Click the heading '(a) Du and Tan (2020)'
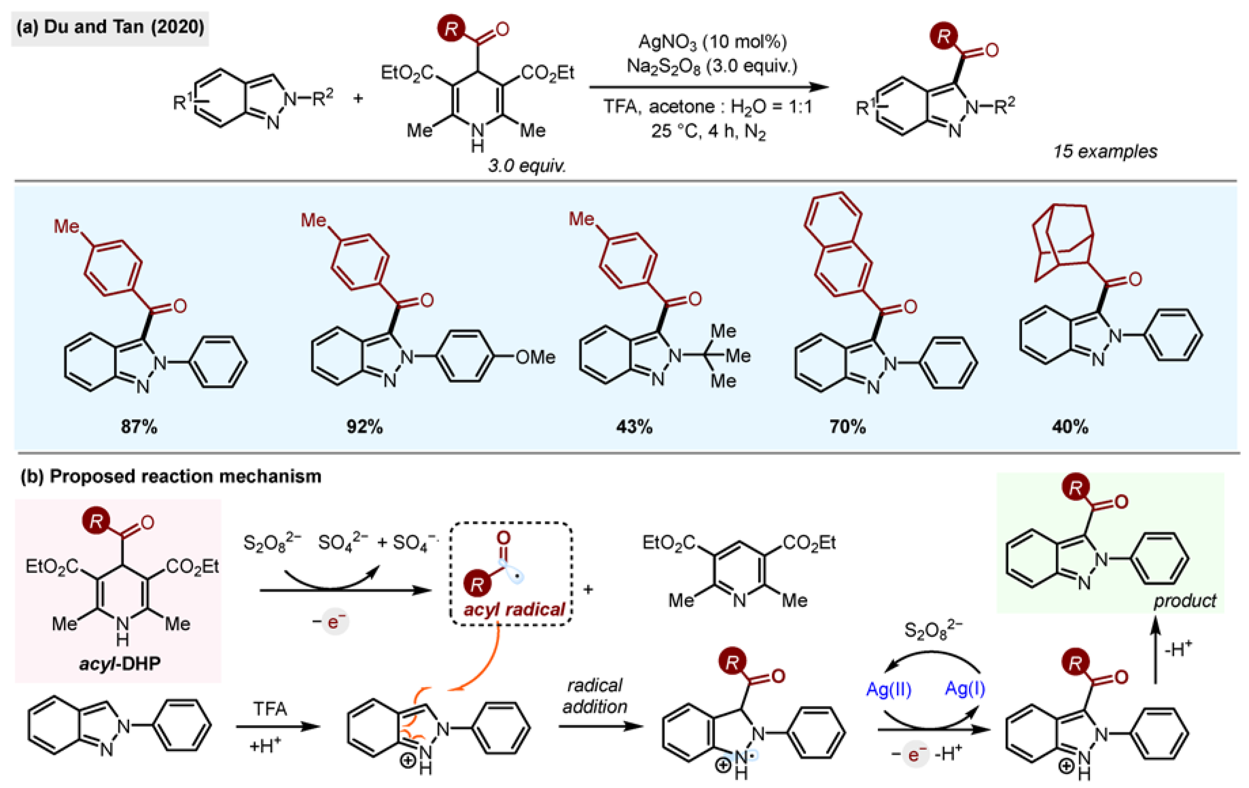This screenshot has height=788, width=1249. (110, 27)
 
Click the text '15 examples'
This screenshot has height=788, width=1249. (1105, 152)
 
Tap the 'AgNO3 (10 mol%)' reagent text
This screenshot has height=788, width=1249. (712, 41)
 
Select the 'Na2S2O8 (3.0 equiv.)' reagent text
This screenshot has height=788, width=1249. (712, 66)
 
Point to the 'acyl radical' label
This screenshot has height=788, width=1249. (514, 609)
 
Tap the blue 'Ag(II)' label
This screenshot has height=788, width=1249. (888, 689)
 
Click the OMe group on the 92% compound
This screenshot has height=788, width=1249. (535, 357)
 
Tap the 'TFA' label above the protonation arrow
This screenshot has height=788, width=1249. (270, 709)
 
